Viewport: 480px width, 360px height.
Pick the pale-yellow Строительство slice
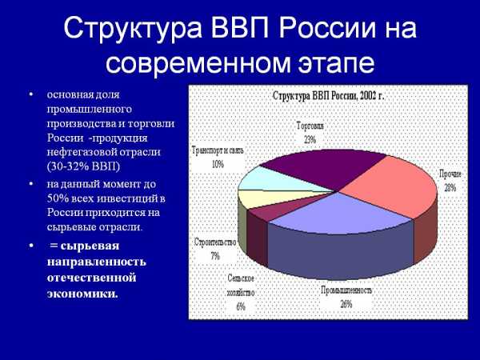pyautogui.click(x=270, y=198)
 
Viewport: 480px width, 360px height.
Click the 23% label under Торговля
pyautogui.click(x=310, y=140)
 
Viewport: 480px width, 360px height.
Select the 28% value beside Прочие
pyautogui.click(x=450, y=187)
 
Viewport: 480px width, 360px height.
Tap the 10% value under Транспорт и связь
pyautogui.click(x=218, y=164)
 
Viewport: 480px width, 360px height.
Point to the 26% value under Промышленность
pyautogui.click(x=346, y=304)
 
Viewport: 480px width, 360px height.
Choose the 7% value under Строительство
pyautogui.click(x=215, y=256)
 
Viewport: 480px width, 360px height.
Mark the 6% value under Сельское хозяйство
pyautogui.click(x=241, y=306)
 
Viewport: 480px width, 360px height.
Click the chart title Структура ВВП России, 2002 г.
pyautogui.click(x=328, y=96)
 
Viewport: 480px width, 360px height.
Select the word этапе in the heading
pyautogui.click(x=337, y=63)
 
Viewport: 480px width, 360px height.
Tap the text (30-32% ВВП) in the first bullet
pyautogui.click(x=83, y=166)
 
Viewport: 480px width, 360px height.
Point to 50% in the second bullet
pyautogui.click(x=58, y=198)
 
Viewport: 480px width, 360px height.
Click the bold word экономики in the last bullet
pyautogui.click(x=82, y=294)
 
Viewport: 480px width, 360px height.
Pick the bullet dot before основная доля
pyautogui.click(x=30, y=94)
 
